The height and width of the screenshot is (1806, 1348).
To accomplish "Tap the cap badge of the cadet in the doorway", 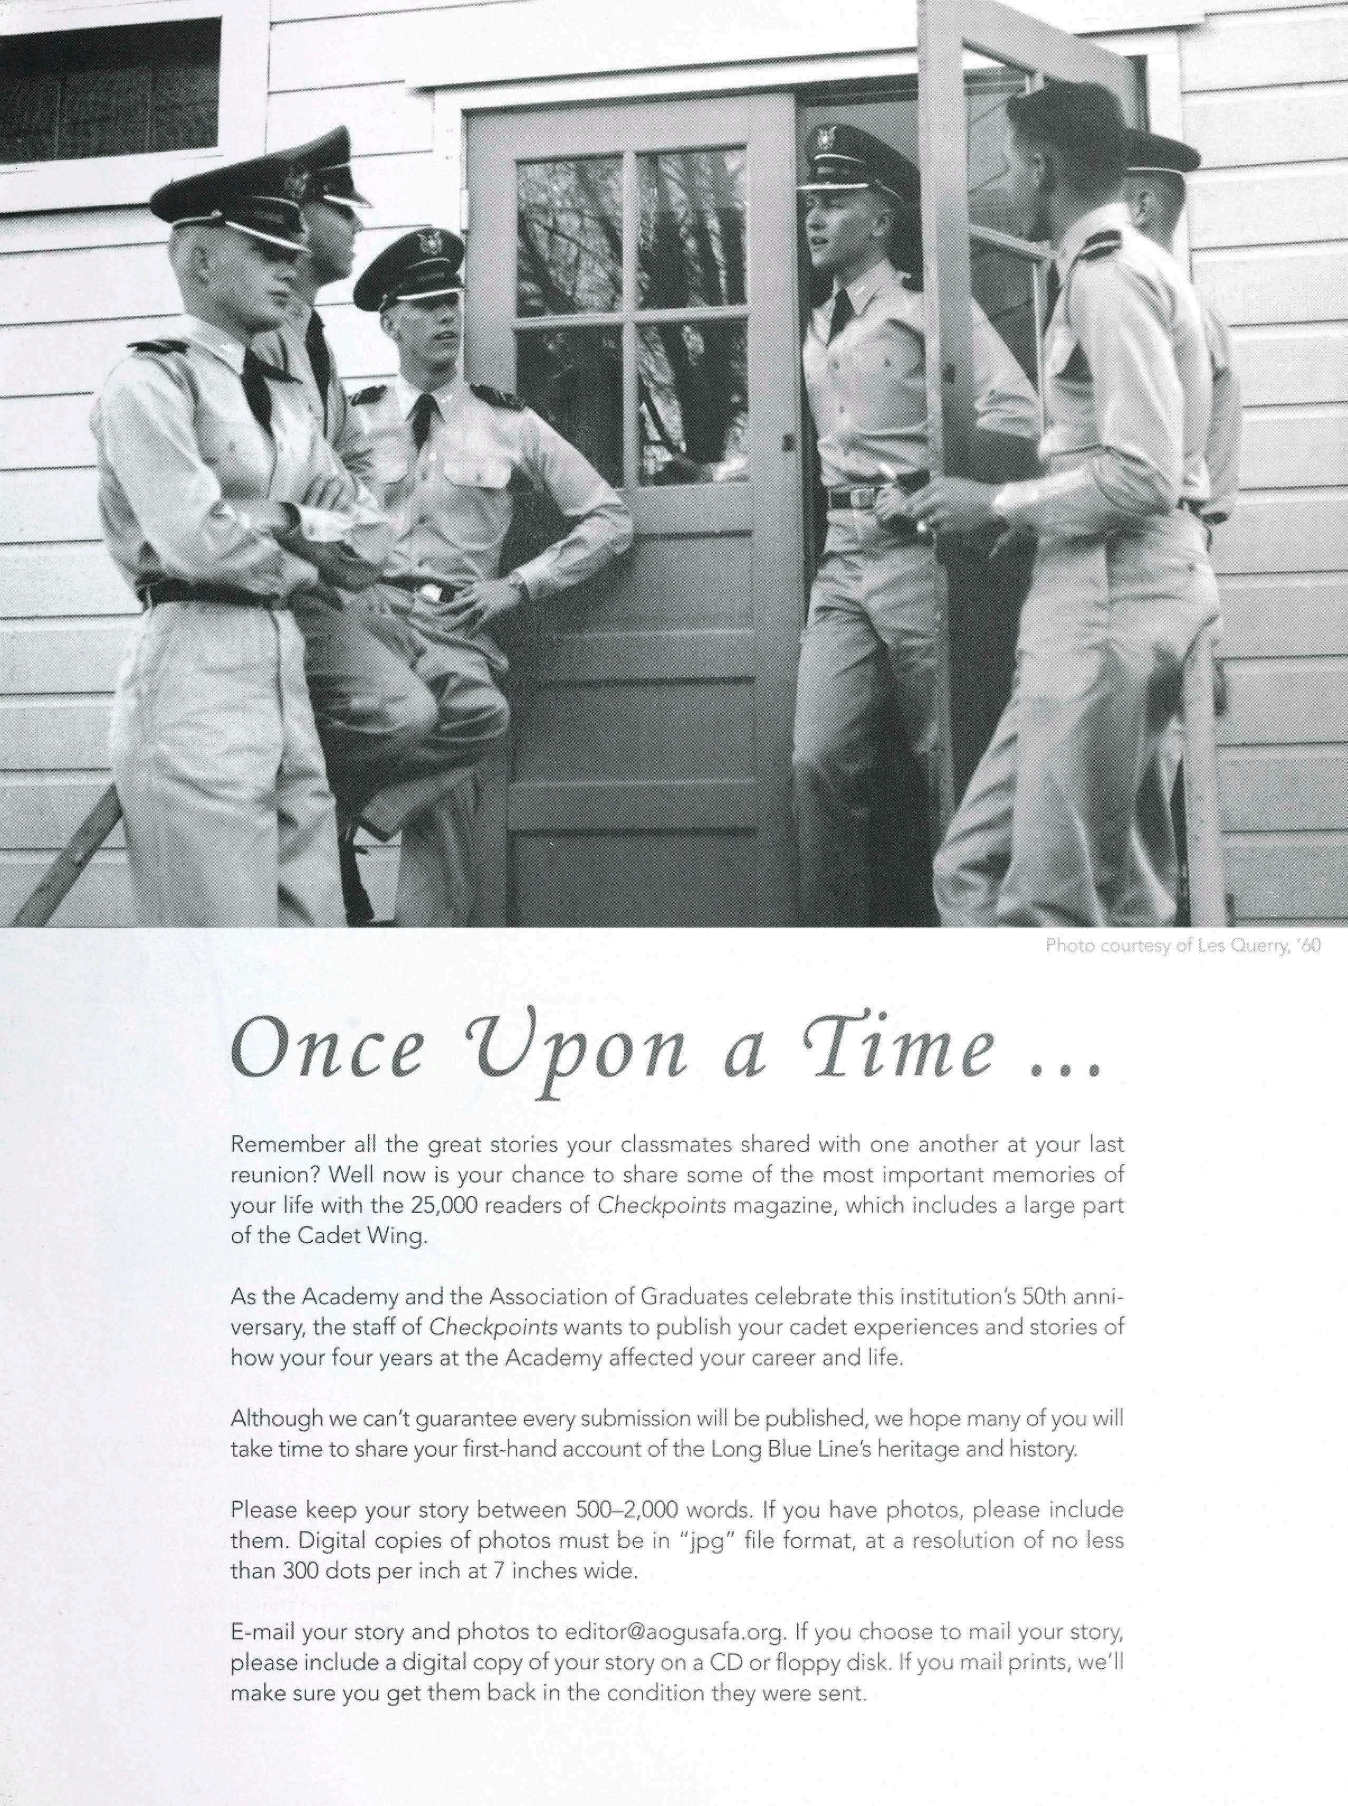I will click(x=827, y=139).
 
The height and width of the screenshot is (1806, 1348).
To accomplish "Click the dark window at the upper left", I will click(x=110, y=90).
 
